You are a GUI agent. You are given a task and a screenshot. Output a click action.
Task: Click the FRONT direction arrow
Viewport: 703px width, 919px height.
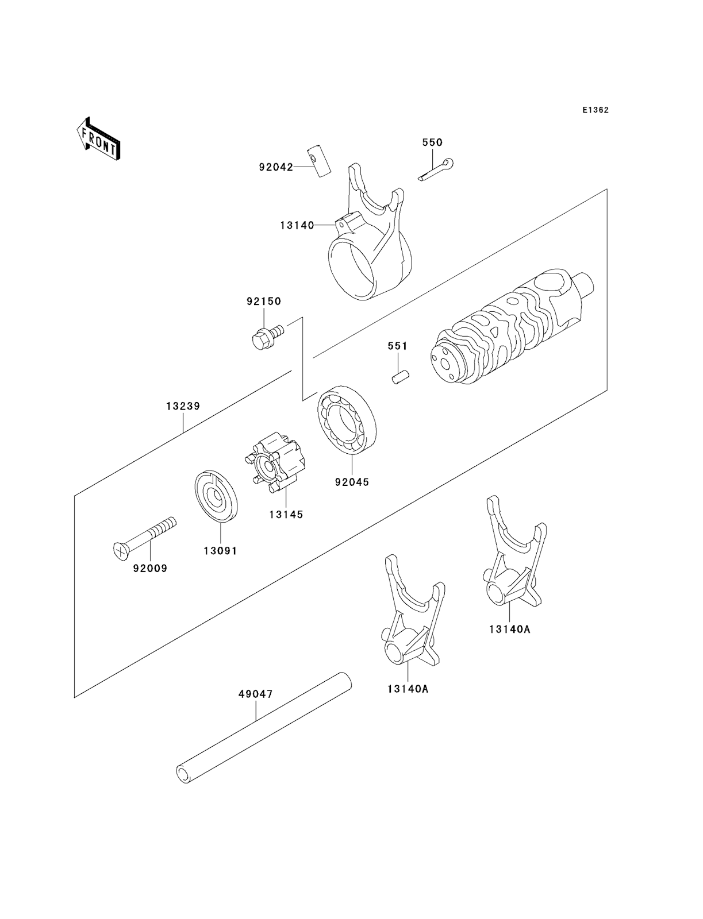(x=98, y=138)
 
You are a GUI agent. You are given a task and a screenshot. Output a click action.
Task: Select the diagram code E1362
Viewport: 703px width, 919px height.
(x=594, y=110)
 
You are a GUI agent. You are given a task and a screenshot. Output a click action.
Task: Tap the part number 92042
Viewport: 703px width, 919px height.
(x=276, y=167)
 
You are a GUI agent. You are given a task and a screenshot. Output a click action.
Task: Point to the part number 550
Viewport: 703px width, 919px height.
(x=432, y=142)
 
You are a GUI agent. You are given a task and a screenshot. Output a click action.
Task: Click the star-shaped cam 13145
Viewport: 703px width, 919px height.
(x=271, y=465)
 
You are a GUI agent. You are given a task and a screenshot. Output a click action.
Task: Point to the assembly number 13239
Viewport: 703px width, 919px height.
(x=183, y=406)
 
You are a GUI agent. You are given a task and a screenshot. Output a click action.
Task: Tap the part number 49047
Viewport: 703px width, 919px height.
(x=255, y=694)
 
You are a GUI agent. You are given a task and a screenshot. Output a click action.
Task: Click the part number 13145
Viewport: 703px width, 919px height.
(x=286, y=514)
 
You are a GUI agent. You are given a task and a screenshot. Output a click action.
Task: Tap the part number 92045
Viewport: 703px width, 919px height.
(x=352, y=482)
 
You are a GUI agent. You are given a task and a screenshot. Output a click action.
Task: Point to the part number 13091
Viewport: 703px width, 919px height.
(x=220, y=550)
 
